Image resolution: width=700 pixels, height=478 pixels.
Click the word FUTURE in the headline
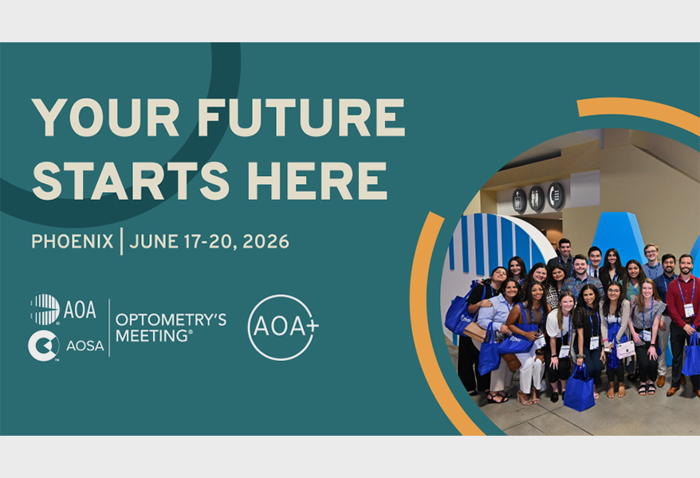pyautogui.click(x=301, y=117)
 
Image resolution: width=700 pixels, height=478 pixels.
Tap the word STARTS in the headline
pyautogui.click(x=131, y=181)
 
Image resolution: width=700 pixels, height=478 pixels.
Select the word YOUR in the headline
pyautogui.click(x=106, y=117)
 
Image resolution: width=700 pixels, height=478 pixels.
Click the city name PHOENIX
pyautogui.click(x=73, y=241)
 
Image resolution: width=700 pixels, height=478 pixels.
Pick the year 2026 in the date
pyautogui.click(x=266, y=241)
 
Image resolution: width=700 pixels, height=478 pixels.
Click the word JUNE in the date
pyautogui.click(x=154, y=241)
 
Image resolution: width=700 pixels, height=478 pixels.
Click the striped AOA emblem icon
pyautogui.click(x=45, y=309)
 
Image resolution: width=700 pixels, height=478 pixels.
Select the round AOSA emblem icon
pyautogui.click(x=43, y=346)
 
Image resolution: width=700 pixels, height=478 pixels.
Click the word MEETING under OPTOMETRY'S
pyautogui.click(x=151, y=335)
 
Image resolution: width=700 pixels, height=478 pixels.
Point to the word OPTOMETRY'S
pyautogui.click(x=171, y=319)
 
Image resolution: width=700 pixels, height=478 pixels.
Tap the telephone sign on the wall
pyautogui.click(x=556, y=195)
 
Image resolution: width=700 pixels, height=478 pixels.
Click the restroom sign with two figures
pyautogui.click(x=536, y=199)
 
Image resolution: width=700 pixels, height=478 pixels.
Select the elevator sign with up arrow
pyautogui.click(x=519, y=201)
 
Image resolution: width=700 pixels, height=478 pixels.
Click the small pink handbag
pyautogui.click(x=625, y=349)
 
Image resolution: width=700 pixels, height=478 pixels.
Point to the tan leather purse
pyautogui.click(x=475, y=331)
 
